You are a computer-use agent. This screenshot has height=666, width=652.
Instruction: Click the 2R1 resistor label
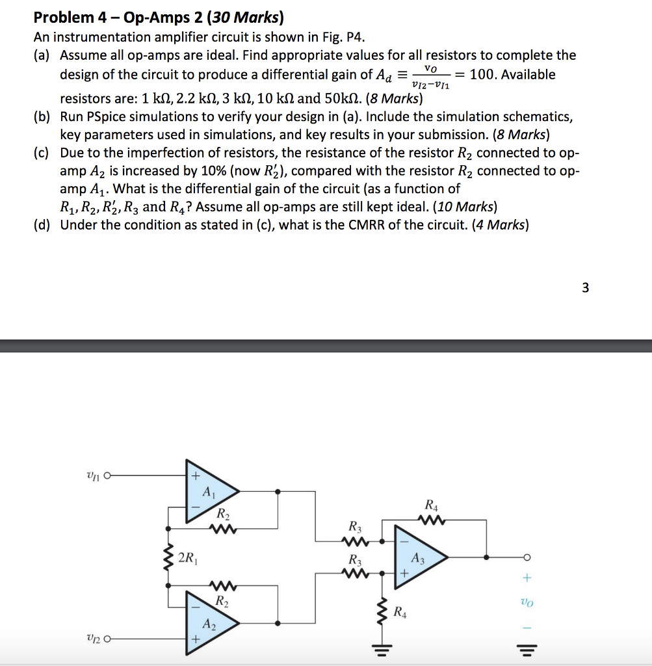189,557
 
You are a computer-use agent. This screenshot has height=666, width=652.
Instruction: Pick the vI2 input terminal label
92,639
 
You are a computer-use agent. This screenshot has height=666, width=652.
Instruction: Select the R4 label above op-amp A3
430,504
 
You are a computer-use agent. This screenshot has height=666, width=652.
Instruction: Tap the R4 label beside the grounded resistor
402,612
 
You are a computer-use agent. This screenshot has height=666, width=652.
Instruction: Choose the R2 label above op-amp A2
222,599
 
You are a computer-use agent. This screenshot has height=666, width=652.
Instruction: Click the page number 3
585,287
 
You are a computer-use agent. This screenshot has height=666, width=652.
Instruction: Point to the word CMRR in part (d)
369,225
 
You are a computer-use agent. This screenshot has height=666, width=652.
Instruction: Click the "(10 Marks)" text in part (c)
463,207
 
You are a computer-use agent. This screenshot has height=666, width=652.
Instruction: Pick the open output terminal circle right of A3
527,557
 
